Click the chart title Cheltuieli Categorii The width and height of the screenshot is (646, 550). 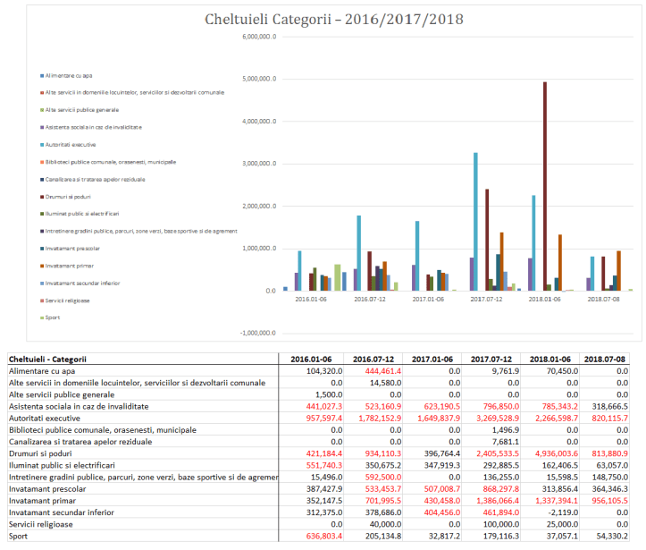coord(327,19)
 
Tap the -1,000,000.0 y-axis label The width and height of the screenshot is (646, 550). coord(258,333)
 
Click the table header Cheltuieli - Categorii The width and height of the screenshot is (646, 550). coord(54,359)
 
